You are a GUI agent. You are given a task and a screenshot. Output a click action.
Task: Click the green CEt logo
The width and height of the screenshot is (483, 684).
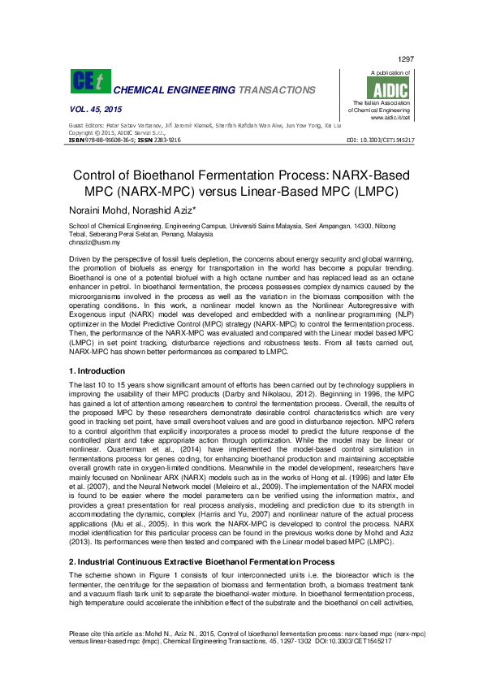88,82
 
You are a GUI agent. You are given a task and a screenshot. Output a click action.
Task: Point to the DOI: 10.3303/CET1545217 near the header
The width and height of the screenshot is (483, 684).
381,141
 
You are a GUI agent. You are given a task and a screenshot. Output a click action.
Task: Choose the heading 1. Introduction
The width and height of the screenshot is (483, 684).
97,370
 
